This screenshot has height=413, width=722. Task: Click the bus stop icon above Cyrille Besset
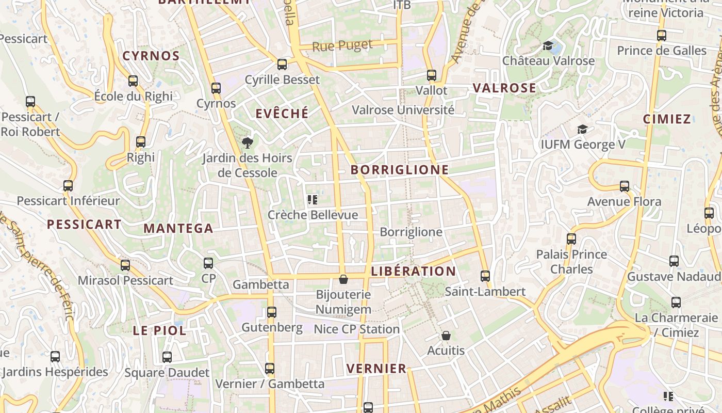click(x=282, y=65)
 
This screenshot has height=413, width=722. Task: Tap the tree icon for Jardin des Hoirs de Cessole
click(x=248, y=143)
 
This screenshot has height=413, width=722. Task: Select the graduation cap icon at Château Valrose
click(x=548, y=46)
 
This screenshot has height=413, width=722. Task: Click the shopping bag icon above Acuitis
click(x=446, y=336)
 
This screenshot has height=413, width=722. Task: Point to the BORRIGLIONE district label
click(x=400, y=170)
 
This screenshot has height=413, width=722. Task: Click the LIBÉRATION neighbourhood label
click(x=413, y=271)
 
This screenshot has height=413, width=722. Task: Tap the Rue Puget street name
click(x=342, y=46)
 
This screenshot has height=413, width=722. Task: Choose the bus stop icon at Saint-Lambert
click(x=485, y=276)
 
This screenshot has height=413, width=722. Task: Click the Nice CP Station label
click(x=356, y=329)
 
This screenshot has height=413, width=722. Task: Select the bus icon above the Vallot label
click(x=432, y=75)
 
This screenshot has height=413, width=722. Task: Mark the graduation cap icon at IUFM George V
click(x=582, y=129)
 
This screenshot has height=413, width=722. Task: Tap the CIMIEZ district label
click(x=667, y=119)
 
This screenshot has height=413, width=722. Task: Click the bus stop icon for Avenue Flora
click(x=625, y=186)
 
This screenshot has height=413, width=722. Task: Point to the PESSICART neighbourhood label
click(x=84, y=224)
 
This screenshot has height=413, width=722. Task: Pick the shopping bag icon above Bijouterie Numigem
click(x=343, y=279)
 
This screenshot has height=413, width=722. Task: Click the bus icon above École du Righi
click(x=133, y=81)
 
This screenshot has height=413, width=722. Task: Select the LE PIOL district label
click(x=159, y=331)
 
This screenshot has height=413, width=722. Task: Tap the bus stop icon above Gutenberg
click(x=271, y=312)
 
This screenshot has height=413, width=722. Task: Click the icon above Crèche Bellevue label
click(x=312, y=200)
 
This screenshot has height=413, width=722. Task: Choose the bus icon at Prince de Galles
click(x=662, y=36)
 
